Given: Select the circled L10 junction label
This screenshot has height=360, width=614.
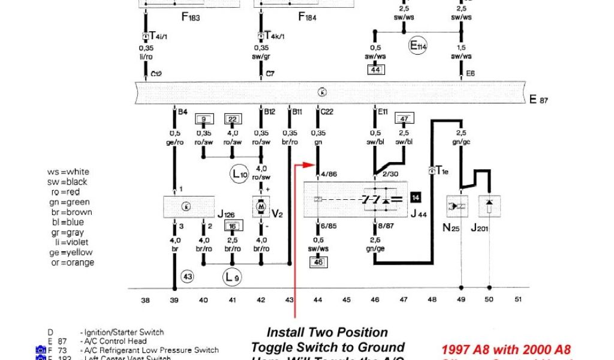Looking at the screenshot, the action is tap(239, 175).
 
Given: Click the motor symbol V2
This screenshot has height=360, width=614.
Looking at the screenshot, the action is tap(261, 206).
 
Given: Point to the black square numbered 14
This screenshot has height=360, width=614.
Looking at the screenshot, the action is tap(416, 196).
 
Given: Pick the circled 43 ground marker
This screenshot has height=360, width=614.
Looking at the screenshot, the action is tap(188, 277).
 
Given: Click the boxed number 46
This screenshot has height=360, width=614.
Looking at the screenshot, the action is tap(318, 262).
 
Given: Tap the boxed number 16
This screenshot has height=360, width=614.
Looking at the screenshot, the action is tap(232, 226).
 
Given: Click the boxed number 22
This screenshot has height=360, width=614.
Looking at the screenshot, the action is tap(232, 119).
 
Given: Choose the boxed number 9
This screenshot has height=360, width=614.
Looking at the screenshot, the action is tap(204, 119).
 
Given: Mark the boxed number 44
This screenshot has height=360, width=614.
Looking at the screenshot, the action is tap(375, 70).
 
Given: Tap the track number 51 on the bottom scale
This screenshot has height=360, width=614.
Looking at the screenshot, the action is tap(519, 299).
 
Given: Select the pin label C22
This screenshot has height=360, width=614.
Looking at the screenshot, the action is tap(327, 112).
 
